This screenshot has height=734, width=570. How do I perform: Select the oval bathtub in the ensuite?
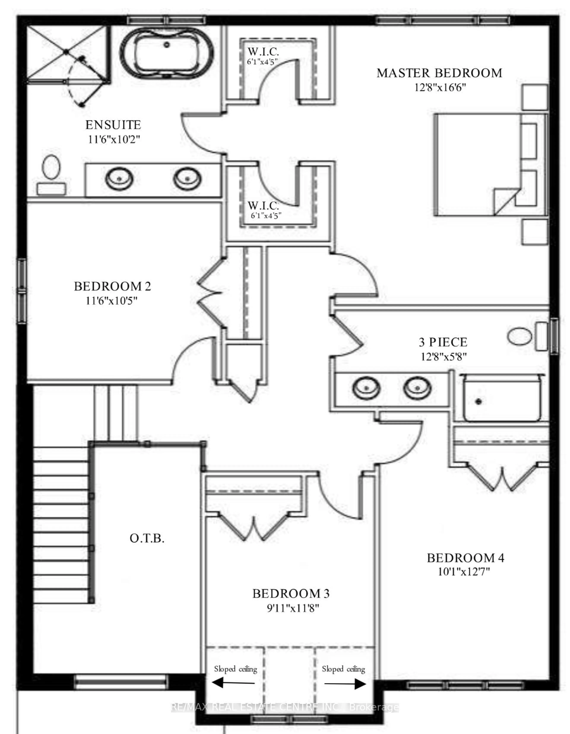(x=167, y=54)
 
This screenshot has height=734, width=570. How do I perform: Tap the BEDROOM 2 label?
(x=112, y=286)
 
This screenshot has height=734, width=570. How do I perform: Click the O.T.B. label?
(x=147, y=538)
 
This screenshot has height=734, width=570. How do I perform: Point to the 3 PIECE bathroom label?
(x=443, y=342)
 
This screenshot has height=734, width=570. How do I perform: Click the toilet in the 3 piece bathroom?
(x=525, y=336)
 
